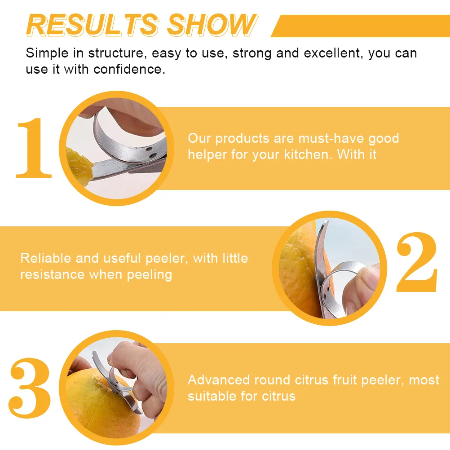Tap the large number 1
click(x=34, y=148)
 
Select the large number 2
click(x=416, y=263)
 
